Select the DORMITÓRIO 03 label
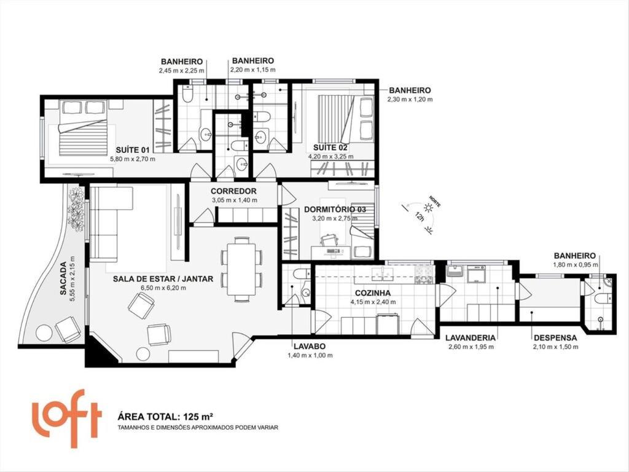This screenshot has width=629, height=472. (x=335, y=210)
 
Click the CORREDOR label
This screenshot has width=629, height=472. (x=233, y=191)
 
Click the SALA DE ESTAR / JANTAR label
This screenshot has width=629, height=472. (x=163, y=278)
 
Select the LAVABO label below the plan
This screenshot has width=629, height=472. (x=305, y=347)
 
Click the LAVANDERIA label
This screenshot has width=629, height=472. (x=472, y=337)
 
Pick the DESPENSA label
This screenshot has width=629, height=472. (x=555, y=337)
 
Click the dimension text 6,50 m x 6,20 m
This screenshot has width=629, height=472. (x=163, y=288)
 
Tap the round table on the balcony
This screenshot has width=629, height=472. (x=44, y=332)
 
